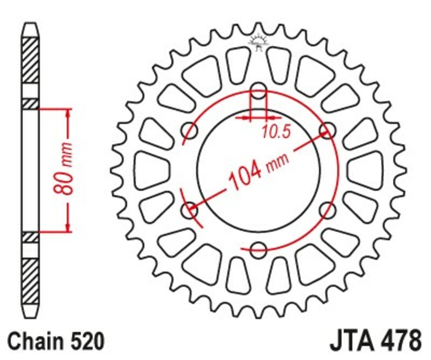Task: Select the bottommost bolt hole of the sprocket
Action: [259, 248]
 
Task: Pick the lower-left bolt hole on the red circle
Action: [190, 209]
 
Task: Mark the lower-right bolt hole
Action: [327, 209]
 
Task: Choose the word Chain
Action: [36, 342]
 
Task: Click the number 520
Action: [85, 342]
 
